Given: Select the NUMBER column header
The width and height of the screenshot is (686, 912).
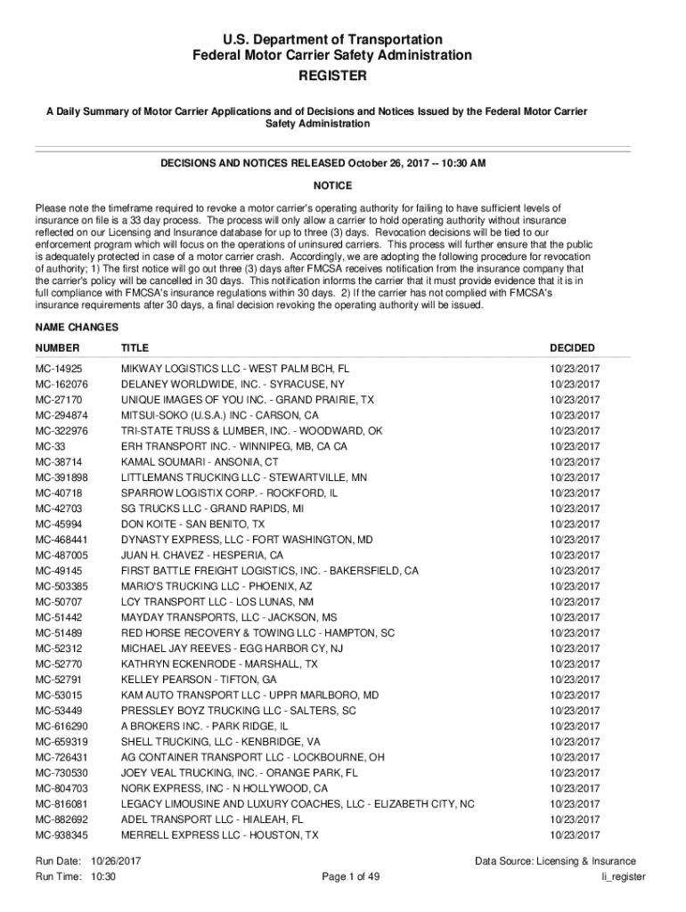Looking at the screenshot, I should tap(57, 347).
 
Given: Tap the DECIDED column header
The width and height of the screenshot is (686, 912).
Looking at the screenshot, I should tap(572, 347).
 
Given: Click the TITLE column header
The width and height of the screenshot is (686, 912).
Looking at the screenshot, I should tap(135, 347).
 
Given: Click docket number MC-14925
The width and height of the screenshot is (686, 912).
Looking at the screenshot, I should tap(59, 369).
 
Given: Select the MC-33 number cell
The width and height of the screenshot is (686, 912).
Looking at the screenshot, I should tap(49, 446).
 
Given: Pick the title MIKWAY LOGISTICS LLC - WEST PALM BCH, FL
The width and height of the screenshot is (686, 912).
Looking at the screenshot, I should tap(235, 369).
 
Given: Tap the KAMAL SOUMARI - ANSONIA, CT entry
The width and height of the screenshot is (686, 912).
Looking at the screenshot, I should tap(200, 462).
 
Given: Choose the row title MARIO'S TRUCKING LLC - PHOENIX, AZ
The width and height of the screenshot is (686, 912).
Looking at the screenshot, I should tap(216, 587).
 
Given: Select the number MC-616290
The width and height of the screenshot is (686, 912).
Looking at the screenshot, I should tap(61, 727).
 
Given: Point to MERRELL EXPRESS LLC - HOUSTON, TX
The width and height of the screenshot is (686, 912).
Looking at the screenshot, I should tap(219, 835).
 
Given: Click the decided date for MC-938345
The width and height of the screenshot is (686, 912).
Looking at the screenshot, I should tap(575, 835).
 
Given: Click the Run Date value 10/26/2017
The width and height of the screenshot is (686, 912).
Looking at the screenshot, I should tap(118, 861).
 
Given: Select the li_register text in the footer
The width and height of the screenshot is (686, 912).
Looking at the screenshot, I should tap(624, 877).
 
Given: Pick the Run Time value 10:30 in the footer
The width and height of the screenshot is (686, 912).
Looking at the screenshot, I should tap(104, 877).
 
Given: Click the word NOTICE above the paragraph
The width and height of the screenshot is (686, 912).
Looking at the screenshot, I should tap(332, 185).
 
